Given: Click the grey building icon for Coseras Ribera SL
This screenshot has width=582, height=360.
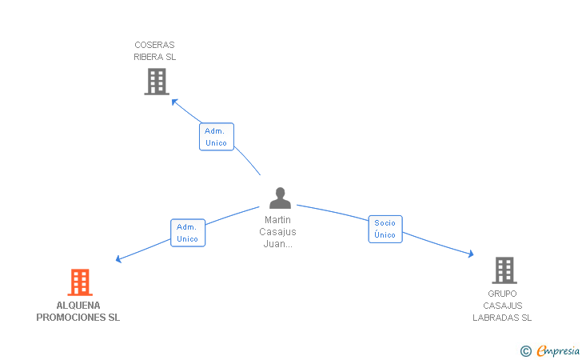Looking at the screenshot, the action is pyautogui.click(x=157, y=82).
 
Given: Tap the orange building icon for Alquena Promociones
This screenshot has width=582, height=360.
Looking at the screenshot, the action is pyautogui.click(x=79, y=282).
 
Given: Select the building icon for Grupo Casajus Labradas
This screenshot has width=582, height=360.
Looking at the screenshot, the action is pyautogui.click(x=504, y=270).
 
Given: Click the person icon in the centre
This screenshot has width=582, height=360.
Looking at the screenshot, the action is pyautogui.click(x=279, y=198).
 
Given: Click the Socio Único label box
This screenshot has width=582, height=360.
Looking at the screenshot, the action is pyautogui.click(x=385, y=229).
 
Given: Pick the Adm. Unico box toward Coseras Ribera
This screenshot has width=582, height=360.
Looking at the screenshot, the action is pyautogui.click(x=216, y=137).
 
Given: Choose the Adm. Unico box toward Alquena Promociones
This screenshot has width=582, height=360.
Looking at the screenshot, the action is pyautogui.click(x=187, y=233).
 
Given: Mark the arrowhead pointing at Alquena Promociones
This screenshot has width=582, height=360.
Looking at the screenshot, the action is pyautogui.click(x=119, y=258).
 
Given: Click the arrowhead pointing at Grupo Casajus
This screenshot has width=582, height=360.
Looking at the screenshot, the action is pyautogui.click(x=471, y=254).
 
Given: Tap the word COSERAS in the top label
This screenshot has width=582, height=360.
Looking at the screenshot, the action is pyautogui.click(x=154, y=45).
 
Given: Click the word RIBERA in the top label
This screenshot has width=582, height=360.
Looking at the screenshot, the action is pyautogui.click(x=148, y=57).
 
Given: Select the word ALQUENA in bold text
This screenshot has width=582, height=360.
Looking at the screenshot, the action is pyautogui.click(x=78, y=306).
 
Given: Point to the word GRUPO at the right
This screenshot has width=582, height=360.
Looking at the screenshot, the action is pyautogui.click(x=502, y=294).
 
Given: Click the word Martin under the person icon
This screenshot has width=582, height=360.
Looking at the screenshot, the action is pyautogui.click(x=277, y=220).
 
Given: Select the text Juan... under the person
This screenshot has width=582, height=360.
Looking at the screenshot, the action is pyautogui.click(x=277, y=244).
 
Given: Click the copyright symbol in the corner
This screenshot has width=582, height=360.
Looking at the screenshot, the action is pyautogui.click(x=525, y=350).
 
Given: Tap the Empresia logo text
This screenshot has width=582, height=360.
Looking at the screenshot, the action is pyautogui.click(x=559, y=350).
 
